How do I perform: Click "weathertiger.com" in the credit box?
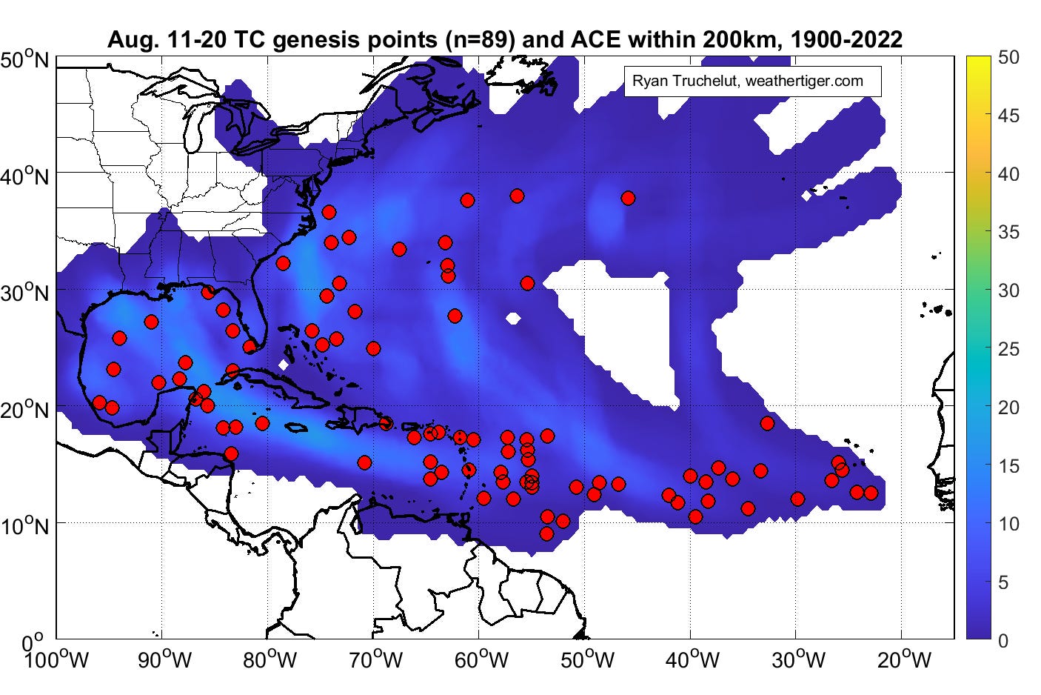pos(805,81)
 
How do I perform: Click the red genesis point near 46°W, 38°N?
pos(628,198)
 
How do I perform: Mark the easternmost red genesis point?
pos(871,493)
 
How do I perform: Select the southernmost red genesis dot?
pos(546,533)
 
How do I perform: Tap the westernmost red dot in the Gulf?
pos(99,402)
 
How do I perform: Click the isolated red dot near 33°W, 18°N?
pos(767,423)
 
